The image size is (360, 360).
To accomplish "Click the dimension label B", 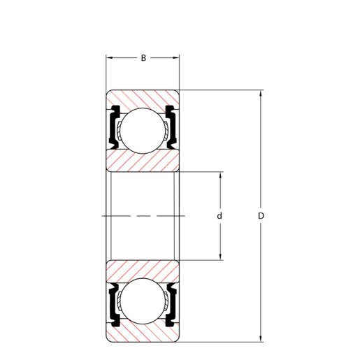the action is click(x=143, y=58).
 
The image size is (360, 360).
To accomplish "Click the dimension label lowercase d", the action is click(x=219, y=216).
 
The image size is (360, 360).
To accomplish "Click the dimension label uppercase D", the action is click(x=261, y=216).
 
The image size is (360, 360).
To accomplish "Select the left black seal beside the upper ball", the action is click(x=114, y=127).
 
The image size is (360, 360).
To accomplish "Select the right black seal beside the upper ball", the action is click(x=171, y=127).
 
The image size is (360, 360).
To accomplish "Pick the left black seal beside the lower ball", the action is click(x=114, y=305).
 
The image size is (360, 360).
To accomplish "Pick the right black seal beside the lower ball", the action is click(x=171, y=305).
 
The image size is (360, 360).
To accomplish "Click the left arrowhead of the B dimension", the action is click(x=109, y=57).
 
